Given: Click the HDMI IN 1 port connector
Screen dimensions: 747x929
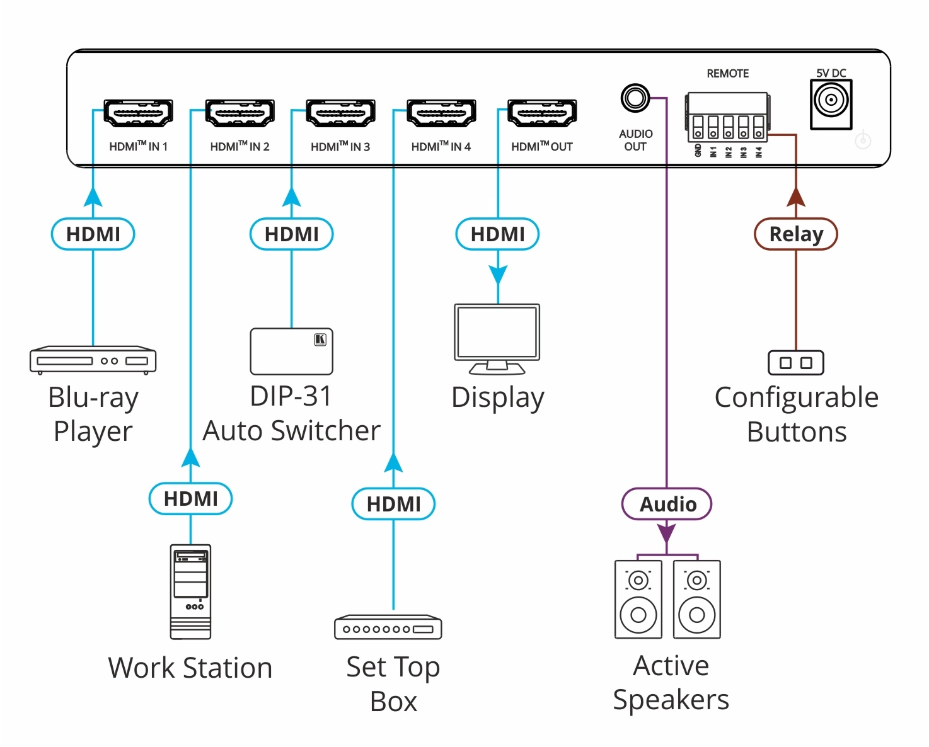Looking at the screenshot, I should coord(138,113).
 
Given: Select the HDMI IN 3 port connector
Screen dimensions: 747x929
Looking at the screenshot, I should coord(340,113).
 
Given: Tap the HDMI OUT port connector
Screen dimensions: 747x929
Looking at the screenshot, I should coord(542,113).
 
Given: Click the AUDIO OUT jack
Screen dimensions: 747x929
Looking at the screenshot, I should coord(635,98).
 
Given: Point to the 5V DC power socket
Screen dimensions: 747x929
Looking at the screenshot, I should coord(831,101).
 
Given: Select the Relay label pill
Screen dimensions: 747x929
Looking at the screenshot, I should coord(795,234).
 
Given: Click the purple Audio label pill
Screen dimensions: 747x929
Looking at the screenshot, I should coord(667,504).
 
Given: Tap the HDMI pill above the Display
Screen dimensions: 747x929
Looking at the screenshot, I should coord(497,234).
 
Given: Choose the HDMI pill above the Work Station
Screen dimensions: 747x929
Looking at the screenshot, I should coord(190,499).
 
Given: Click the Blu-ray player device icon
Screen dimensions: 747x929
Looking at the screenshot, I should coord(93,360).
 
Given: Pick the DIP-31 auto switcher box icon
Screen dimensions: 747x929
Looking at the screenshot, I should coord(291,351).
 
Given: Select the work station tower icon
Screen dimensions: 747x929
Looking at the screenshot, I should coord(190,592).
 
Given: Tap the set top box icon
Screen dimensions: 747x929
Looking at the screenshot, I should coord(388,627).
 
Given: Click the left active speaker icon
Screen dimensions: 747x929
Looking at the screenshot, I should coord(638,600).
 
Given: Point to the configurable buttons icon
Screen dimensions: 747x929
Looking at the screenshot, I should coord(795,363).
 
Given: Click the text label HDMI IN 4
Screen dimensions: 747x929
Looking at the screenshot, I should coord(441,147).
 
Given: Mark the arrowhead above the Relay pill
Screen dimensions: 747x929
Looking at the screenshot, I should coord(795,197).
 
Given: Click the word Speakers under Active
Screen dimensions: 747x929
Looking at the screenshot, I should coord(671,700).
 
